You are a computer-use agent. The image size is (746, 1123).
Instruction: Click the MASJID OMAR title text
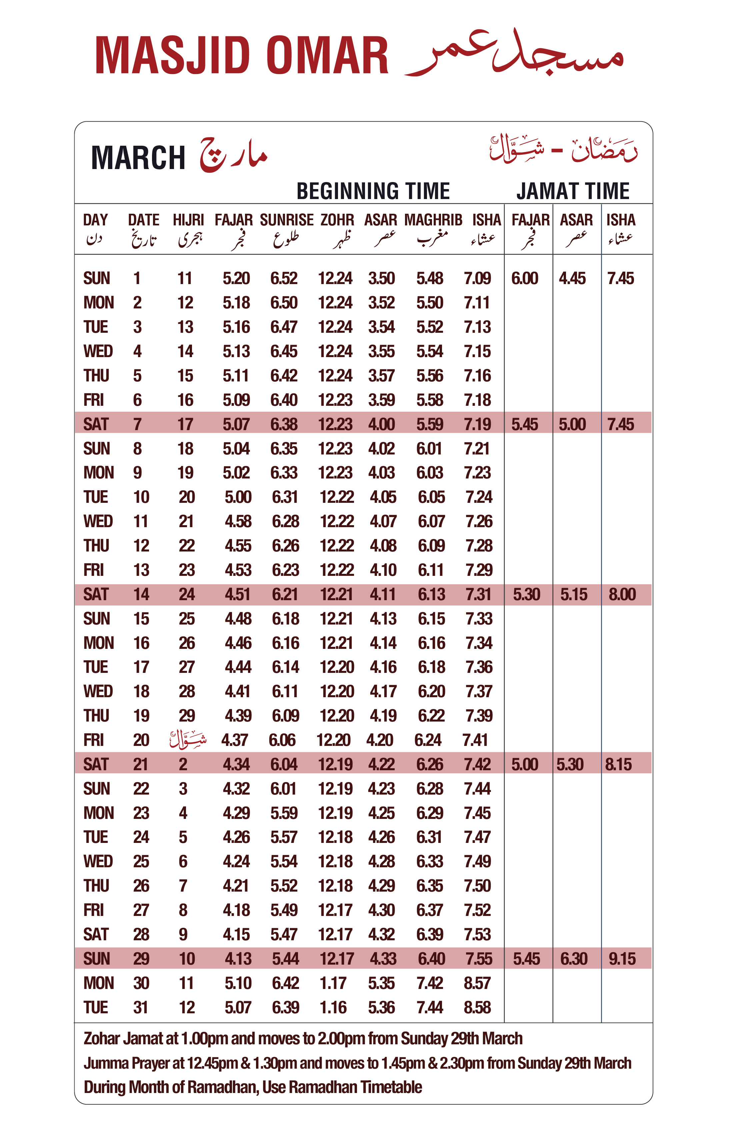[x=241, y=56]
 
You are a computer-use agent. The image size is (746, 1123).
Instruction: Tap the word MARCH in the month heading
[x=138, y=158]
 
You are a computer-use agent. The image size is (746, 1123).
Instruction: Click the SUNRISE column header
[x=286, y=220]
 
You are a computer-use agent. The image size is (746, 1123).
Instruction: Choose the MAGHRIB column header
[x=433, y=220]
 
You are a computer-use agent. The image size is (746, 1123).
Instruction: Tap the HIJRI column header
[x=188, y=220]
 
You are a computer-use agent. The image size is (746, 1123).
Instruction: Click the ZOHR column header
[x=337, y=220]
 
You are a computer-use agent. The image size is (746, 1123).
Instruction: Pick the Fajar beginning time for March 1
[x=236, y=278]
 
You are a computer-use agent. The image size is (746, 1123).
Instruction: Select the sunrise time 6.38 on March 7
[x=284, y=424]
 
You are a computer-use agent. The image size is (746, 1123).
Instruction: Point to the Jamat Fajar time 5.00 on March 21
[x=525, y=764]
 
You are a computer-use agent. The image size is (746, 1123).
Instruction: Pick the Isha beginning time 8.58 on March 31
[x=477, y=1007]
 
